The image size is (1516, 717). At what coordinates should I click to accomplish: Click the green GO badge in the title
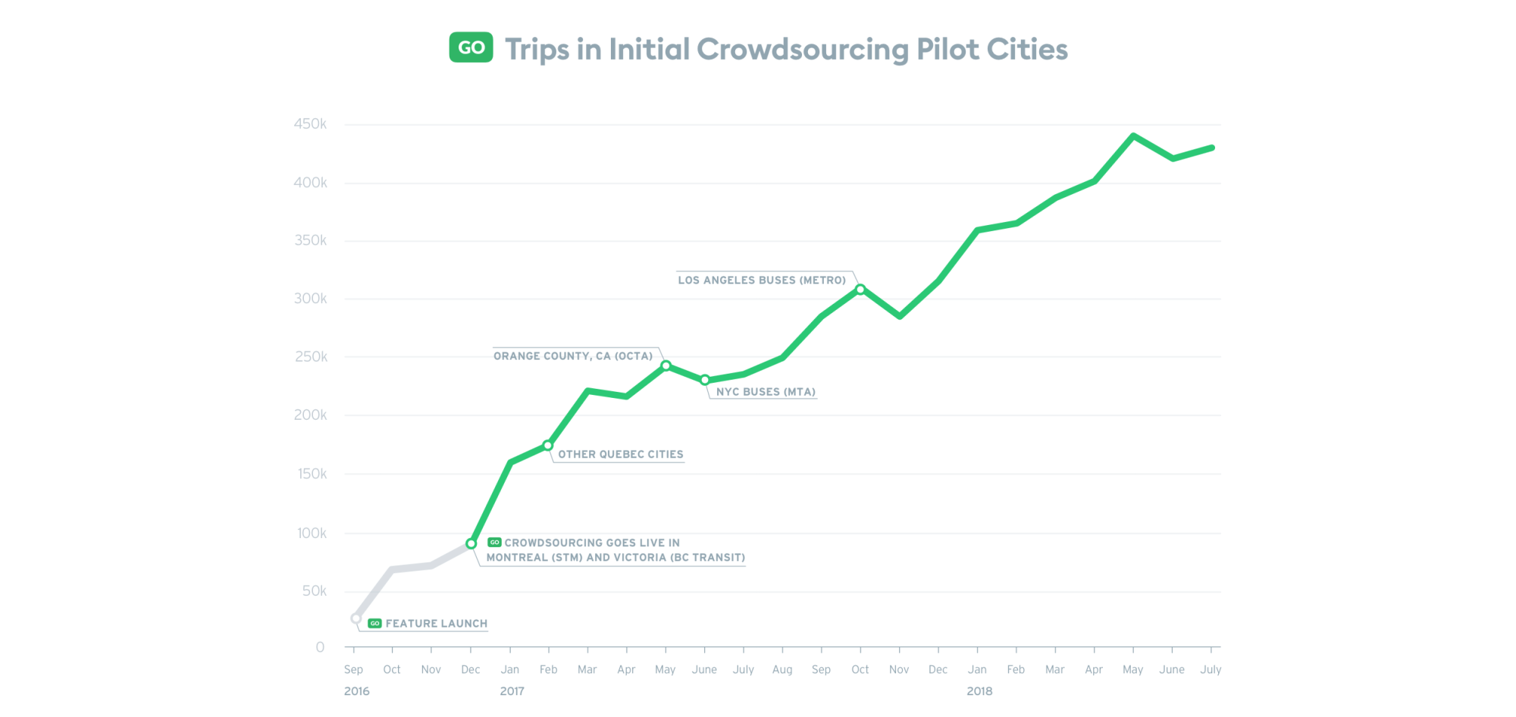point(471,47)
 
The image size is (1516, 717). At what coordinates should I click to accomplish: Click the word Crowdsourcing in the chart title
point(802,50)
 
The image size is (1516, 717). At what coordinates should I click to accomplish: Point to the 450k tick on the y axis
point(310,124)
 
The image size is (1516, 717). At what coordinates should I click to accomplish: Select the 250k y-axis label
point(311,356)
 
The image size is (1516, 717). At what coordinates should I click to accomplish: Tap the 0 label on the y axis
point(320,647)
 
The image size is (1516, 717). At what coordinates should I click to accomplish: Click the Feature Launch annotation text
point(436,624)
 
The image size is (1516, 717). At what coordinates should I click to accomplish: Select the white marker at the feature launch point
point(356,618)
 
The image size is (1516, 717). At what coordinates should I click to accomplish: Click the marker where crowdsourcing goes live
point(471,543)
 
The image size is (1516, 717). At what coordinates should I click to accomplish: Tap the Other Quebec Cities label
point(620,455)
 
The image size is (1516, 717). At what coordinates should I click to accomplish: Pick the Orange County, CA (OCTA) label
point(572,356)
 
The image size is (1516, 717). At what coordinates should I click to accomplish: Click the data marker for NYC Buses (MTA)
point(705,380)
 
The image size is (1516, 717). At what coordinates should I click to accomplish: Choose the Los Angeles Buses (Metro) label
point(761,280)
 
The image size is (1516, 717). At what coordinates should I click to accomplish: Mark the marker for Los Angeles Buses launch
point(860,290)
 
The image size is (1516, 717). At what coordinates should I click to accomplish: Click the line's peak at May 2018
point(1133,136)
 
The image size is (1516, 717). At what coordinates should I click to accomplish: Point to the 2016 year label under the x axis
point(356,691)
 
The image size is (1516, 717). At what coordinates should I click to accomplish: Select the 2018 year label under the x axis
point(979,691)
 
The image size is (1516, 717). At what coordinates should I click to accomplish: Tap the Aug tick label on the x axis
point(782,670)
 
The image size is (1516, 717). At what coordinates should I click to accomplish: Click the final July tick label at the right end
point(1211,670)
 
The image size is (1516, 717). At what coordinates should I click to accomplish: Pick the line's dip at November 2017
point(900,315)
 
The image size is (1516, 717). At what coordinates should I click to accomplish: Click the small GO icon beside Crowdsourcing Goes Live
point(494,543)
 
